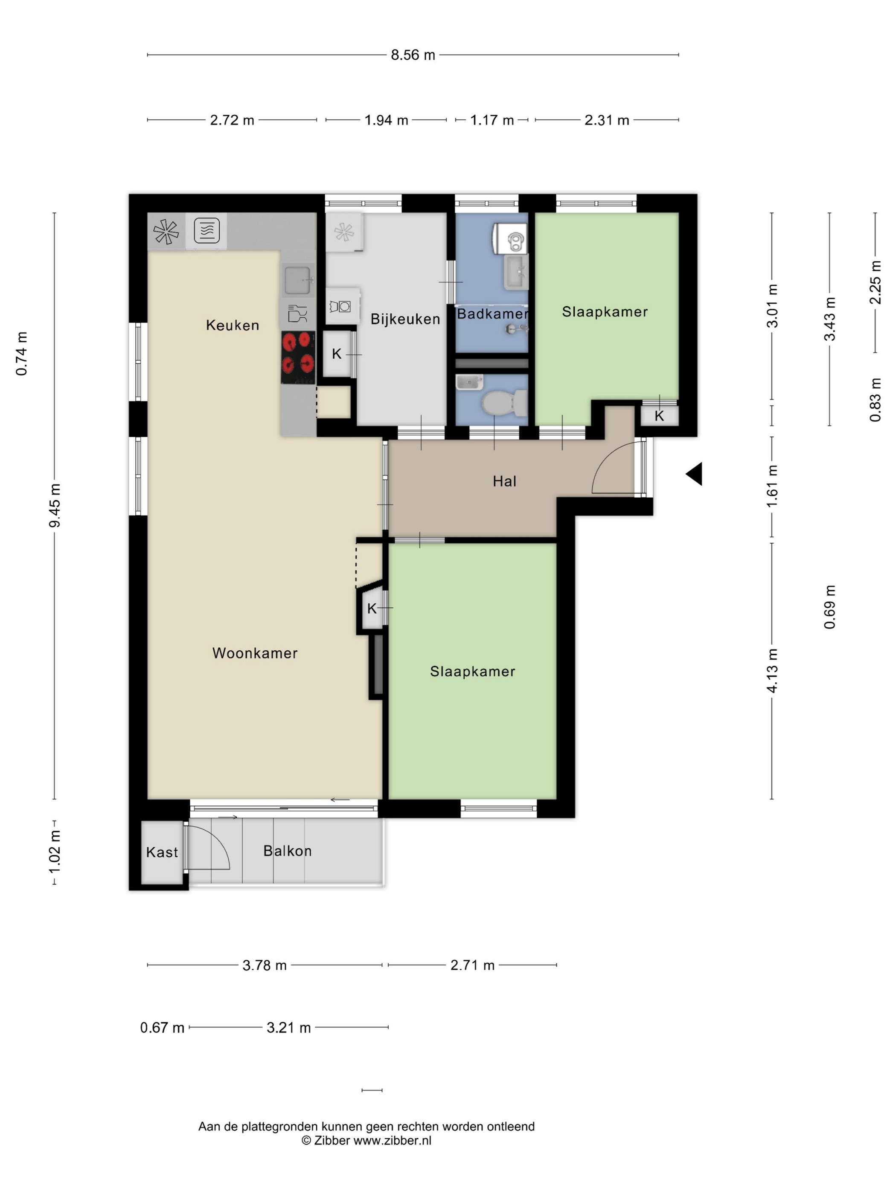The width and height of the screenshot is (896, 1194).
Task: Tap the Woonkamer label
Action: tap(255, 653)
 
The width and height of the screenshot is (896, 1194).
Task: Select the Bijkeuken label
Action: tap(405, 319)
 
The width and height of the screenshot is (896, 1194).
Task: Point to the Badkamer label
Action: tap(492, 313)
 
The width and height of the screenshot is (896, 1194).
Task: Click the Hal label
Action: tap(504, 481)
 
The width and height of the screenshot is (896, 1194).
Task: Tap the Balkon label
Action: tap(287, 851)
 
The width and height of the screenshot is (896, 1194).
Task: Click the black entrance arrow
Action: tap(694, 474)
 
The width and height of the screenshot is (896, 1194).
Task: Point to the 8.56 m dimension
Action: tap(413, 55)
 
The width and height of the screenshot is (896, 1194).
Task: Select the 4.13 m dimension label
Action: tap(772, 670)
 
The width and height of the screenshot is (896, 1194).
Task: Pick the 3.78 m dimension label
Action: tap(264, 965)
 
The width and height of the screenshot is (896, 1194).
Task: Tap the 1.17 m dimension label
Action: tap(492, 120)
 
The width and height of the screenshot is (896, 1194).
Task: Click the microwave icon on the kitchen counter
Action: tap(207, 231)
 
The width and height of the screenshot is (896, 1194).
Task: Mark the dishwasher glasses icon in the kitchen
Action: tap(297, 313)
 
